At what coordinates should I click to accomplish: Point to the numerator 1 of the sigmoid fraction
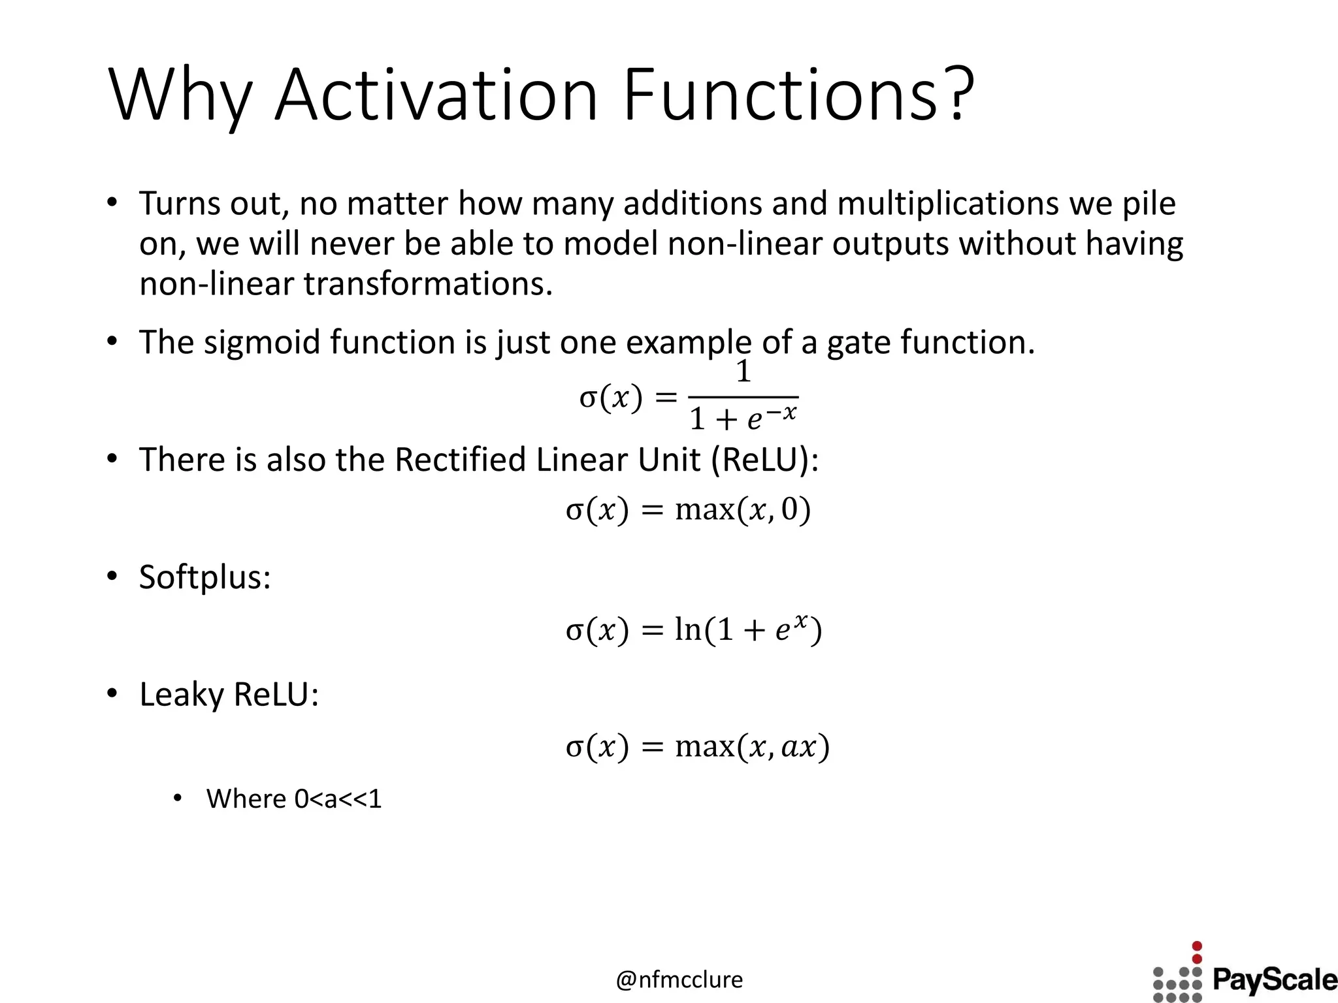(x=743, y=372)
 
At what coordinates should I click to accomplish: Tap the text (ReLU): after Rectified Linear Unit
(x=764, y=460)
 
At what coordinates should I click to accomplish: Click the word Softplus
(x=204, y=577)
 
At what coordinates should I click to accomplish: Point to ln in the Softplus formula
(x=687, y=629)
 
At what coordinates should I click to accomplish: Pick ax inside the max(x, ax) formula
(x=800, y=746)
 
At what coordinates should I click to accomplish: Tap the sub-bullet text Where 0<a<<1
(x=293, y=799)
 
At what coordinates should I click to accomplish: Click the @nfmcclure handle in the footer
(x=679, y=979)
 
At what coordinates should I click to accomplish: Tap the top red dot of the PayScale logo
(x=1197, y=946)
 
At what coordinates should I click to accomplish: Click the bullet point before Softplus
(x=112, y=577)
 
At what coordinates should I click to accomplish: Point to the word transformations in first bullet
(x=428, y=284)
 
